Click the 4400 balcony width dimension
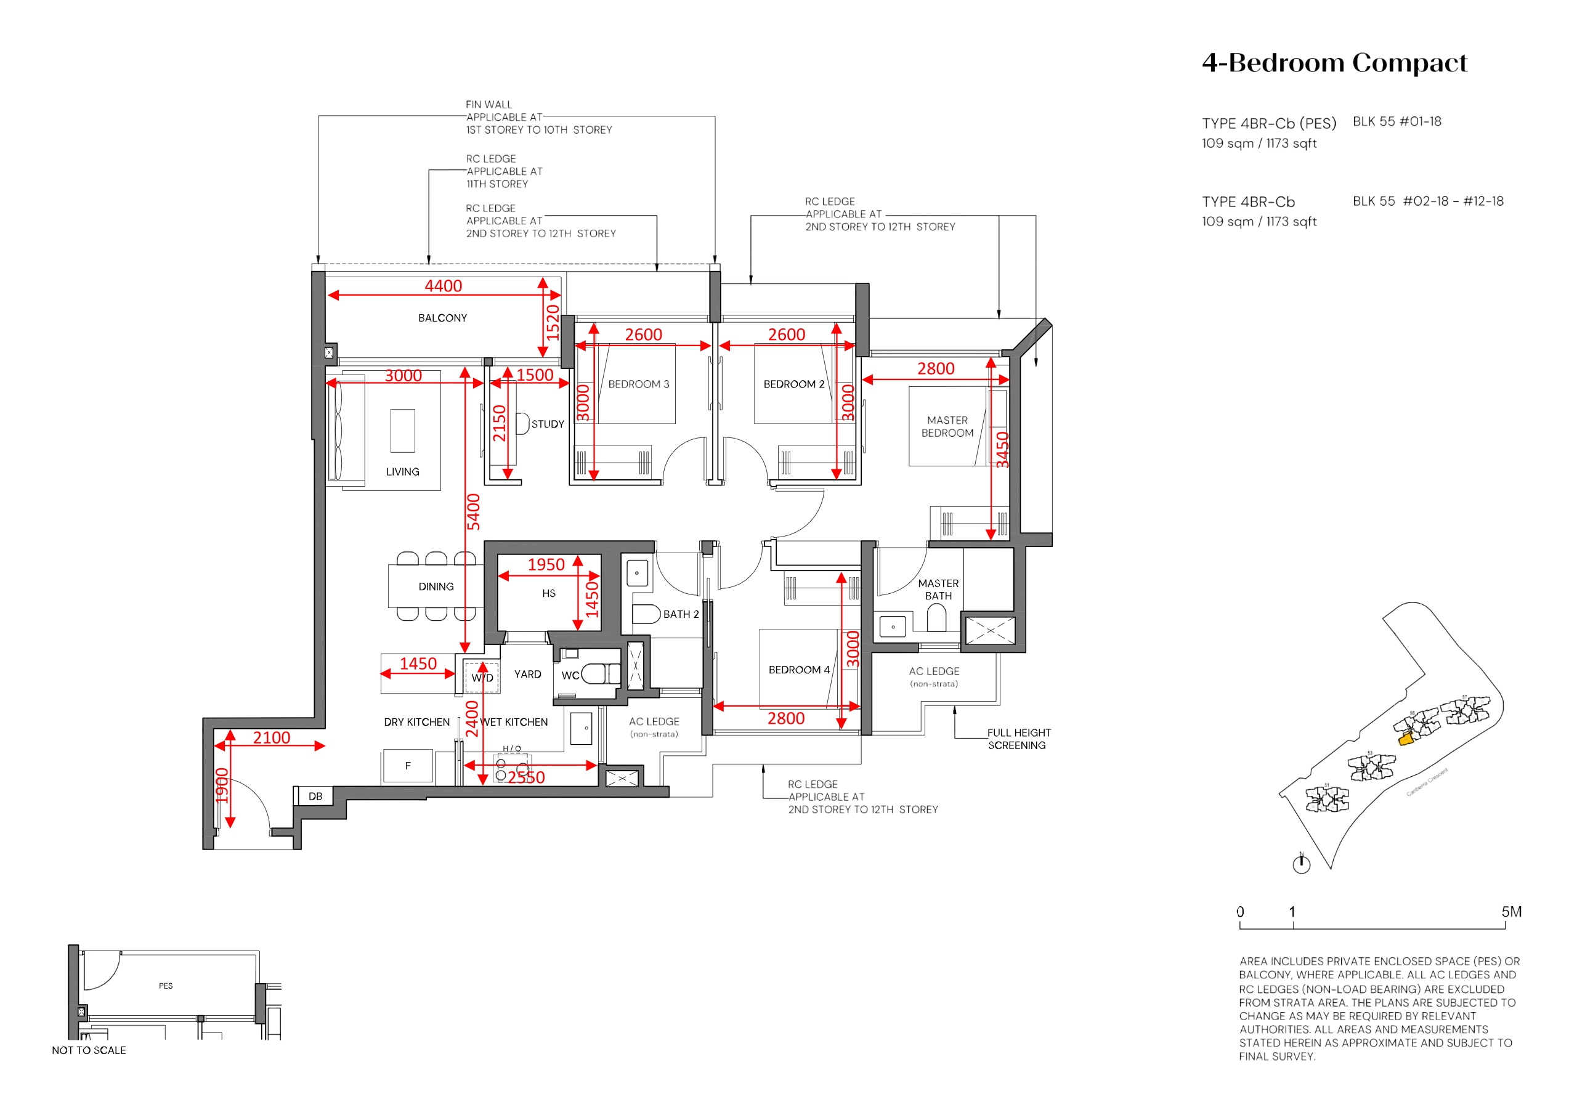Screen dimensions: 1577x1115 pyautogui.click(x=443, y=286)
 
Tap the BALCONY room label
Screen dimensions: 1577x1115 pyautogui.click(x=442, y=318)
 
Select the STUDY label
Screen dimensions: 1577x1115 pyautogui.click(x=548, y=424)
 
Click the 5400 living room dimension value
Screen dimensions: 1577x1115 pyautogui.click(x=473, y=512)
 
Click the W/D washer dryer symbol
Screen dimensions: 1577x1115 pyautogui.click(x=482, y=678)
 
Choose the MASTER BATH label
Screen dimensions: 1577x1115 pyautogui.click(x=938, y=590)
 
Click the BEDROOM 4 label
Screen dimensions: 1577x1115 pyautogui.click(x=799, y=670)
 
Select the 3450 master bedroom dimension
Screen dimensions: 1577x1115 pyautogui.click(x=1003, y=449)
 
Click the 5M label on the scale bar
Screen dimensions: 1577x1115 pyautogui.click(x=1511, y=912)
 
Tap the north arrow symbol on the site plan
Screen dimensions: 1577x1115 pyautogui.click(x=1301, y=864)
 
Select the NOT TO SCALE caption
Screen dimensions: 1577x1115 pyautogui.click(x=89, y=1050)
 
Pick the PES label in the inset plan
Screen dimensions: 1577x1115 pyautogui.click(x=166, y=986)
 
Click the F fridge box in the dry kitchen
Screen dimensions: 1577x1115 pyautogui.click(x=408, y=765)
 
